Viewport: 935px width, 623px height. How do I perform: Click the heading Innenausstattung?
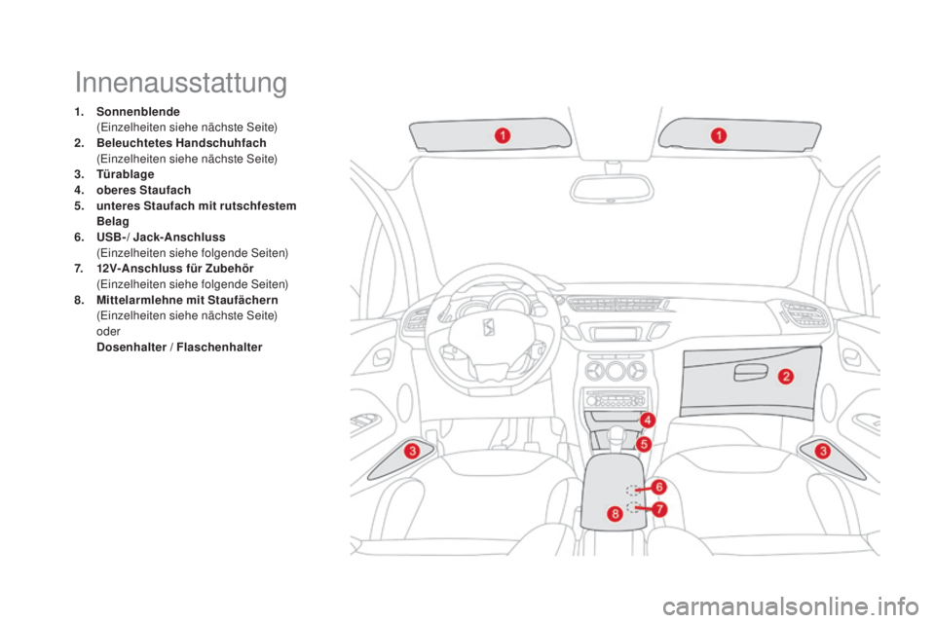pos(180,83)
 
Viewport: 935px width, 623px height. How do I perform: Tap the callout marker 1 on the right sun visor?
pos(717,135)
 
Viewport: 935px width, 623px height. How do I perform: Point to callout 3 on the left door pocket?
pos(412,450)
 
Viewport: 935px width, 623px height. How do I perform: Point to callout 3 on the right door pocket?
pos(822,450)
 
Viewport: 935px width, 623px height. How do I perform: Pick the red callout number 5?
pos(644,443)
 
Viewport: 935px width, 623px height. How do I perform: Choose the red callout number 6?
pos(659,486)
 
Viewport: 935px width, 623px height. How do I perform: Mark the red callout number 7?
pos(659,508)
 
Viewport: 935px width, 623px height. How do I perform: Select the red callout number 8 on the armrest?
pos(615,513)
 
